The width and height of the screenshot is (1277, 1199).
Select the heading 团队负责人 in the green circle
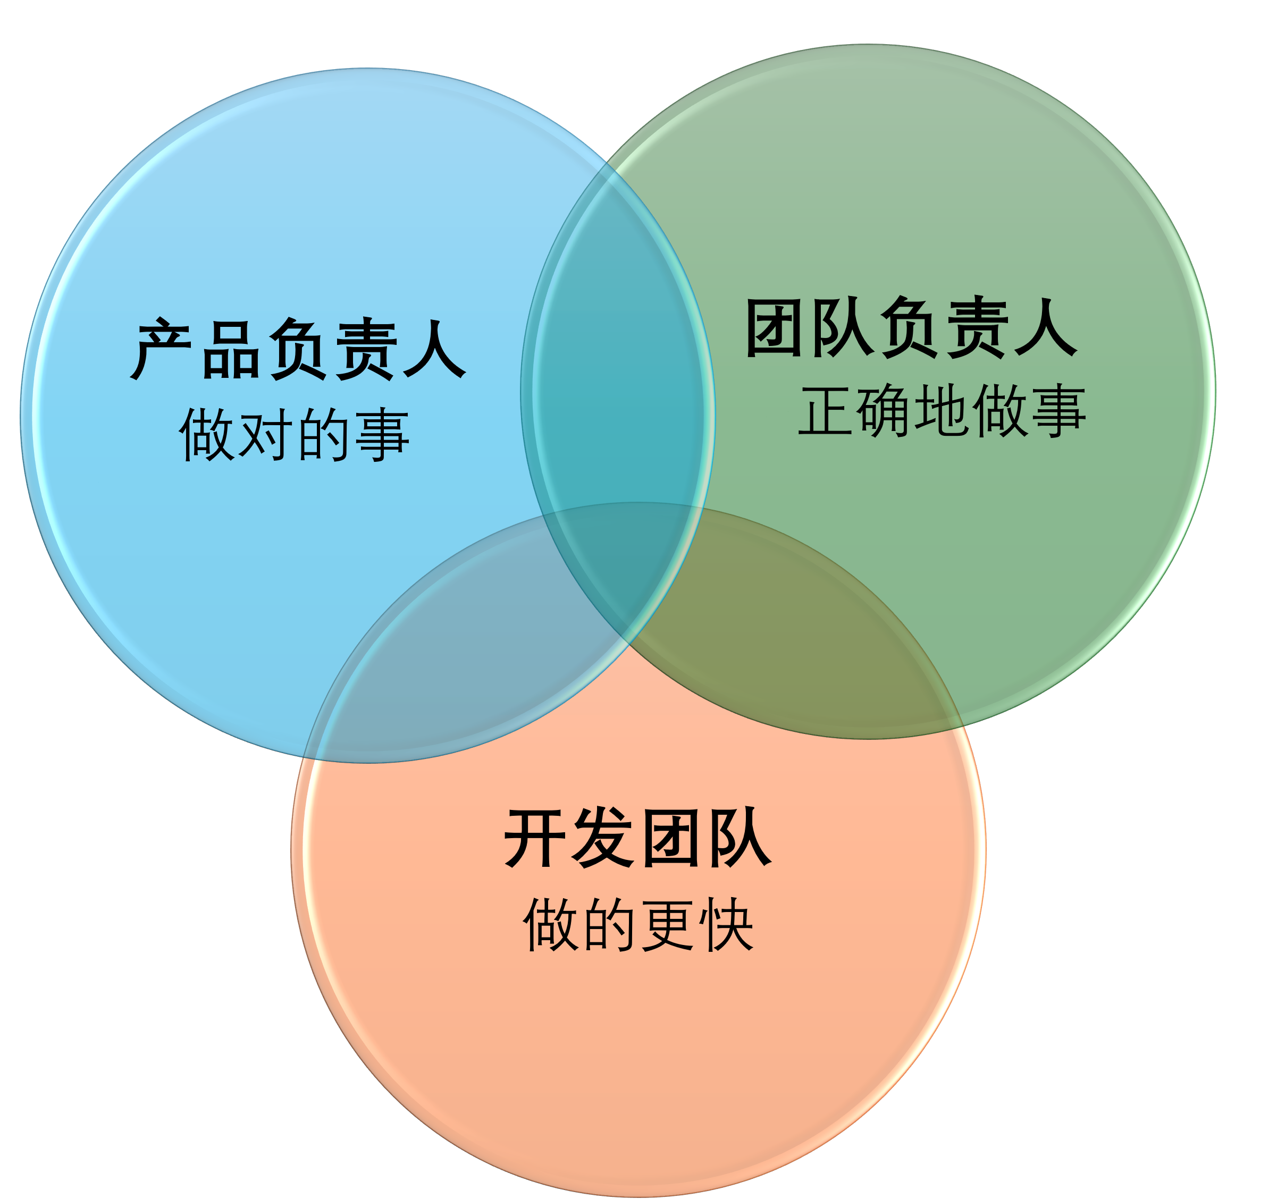910,327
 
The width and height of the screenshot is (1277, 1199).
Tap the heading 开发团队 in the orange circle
638,838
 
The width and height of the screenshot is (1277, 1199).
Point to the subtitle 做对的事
294,434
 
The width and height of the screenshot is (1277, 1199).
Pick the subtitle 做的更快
638,924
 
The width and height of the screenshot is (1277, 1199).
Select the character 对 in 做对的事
263,435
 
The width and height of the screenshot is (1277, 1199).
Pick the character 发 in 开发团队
604,838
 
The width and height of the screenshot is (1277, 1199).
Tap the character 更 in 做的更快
668,925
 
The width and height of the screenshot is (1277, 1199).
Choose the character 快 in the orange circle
727,925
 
